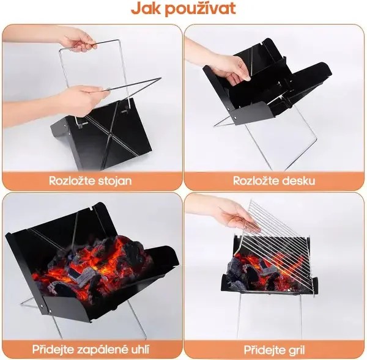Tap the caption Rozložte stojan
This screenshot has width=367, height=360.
pos(91,180)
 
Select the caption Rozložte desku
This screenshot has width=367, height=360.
pos(274,180)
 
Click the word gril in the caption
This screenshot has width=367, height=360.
pos(295,349)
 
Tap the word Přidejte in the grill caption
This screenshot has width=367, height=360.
pos(264,349)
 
